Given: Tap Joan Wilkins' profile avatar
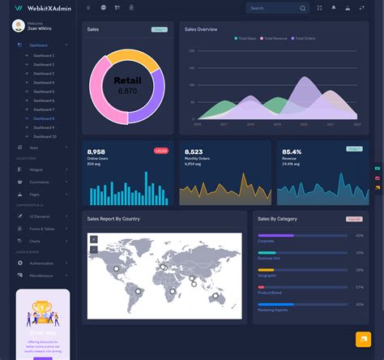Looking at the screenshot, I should [18, 26].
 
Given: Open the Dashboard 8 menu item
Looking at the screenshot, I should [44, 118].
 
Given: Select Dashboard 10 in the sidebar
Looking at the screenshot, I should [45, 136].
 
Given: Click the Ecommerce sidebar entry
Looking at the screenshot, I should [40, 182].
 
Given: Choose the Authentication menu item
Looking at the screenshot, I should [41, 264].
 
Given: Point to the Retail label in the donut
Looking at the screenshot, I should [127, 81].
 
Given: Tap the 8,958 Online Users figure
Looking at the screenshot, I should [96, 152].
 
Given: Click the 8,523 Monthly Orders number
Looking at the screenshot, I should [194, 152].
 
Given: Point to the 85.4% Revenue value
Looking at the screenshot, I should [291, 152].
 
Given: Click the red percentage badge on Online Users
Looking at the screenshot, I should [160, 151].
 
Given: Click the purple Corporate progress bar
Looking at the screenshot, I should [275, 235].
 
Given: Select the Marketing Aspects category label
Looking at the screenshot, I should [272, 310].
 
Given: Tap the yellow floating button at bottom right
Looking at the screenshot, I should [362, 339].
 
